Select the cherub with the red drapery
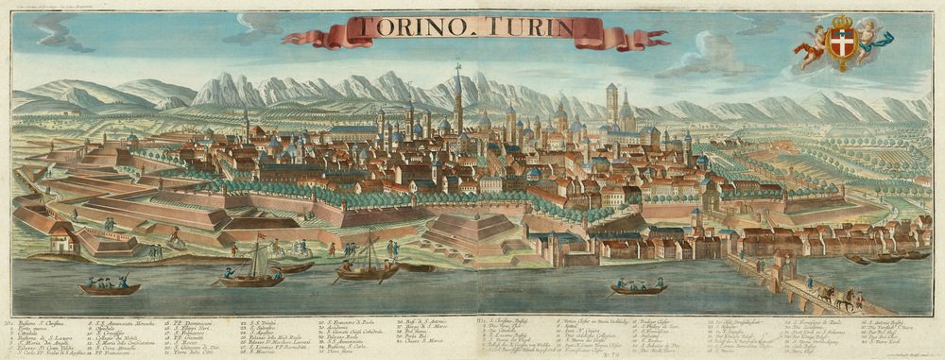coord(810,45)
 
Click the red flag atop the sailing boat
coord(262,236)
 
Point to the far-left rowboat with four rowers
coord(108,287)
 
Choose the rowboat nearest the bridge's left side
coord(638,287)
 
